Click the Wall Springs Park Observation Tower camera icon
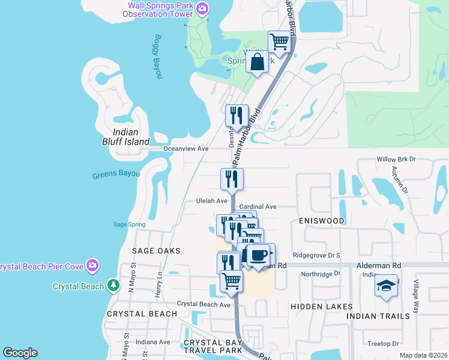tap(203, 8)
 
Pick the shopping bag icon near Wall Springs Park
tap(257, 62)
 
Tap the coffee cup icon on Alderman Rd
tap(259, 255)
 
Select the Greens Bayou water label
tap(116, 175)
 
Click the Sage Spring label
tap(129, 224)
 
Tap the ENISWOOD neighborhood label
tap(321, 221)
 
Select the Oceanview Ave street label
tap(186, 148)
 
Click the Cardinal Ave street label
tap(258, 206)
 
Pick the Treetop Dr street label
tap(383, 344)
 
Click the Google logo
tap(20, 353)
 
